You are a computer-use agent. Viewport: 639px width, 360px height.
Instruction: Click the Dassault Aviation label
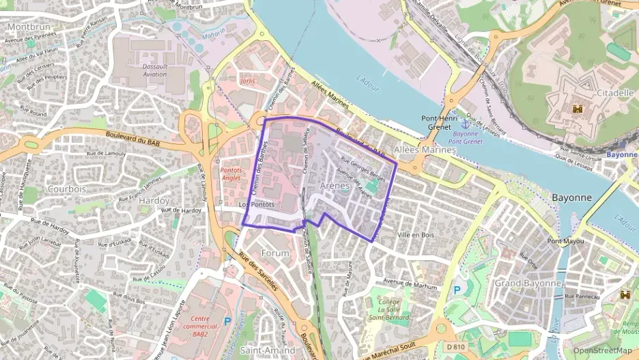point(155,70)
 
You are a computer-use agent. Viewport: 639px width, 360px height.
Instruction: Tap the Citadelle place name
point(596,92)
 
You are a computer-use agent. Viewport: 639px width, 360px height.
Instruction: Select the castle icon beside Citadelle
point(578,108)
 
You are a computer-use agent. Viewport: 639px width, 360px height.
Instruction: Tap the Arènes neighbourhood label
point(335,185)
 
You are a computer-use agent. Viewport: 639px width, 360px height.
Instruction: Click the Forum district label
point(275,253)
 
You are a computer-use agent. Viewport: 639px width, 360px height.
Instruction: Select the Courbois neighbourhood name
point(67,188)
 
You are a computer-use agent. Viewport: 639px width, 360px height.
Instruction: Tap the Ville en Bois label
point(415,234)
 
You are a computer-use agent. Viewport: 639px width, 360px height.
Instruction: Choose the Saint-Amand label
point(268,350)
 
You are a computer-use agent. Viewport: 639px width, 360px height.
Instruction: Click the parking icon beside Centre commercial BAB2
point(227,320)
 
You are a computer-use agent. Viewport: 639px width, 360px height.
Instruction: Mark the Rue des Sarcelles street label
point(258,271)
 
